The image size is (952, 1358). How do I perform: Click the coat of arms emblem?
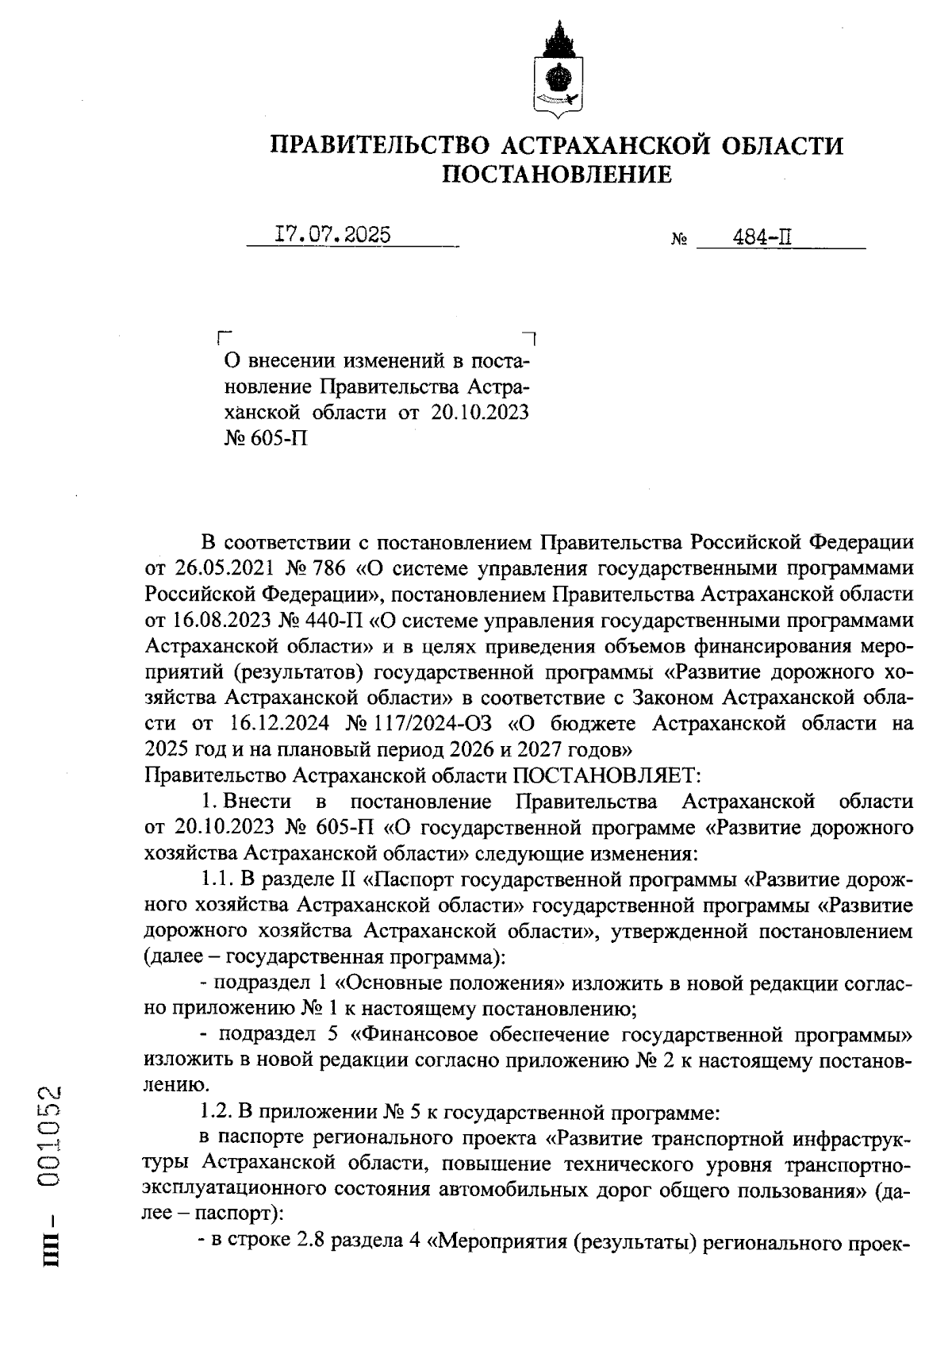[556, 71]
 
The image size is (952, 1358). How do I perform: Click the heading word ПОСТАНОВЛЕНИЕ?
[556, 174]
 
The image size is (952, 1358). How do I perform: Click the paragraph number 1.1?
[214, 879]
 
